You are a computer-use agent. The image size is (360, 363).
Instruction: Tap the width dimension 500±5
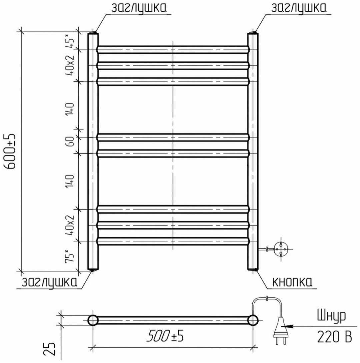(x=165, y=336)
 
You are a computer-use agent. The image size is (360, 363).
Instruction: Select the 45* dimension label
(x=70, y=41)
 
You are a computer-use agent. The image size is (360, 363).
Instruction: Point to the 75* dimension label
(x=70, y=256)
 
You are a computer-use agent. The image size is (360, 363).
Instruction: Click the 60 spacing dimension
(x=70, y=141)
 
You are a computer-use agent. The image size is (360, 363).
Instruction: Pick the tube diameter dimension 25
(x=50, y=349)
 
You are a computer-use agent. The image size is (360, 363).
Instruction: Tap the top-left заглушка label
(x=139, y=8)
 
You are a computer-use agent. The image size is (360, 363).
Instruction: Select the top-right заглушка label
(x=299, y=8)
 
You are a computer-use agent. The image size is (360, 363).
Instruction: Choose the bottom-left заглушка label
(x=49, y=282)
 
